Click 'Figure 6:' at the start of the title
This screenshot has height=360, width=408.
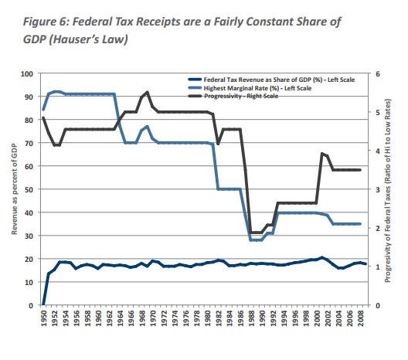click(45, 22)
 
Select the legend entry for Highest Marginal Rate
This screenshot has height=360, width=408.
click(250, 88)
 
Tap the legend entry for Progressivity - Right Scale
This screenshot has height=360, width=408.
click(233, 96)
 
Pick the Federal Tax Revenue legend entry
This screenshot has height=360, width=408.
click(271, 80)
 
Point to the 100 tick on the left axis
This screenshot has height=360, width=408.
click(27, 74)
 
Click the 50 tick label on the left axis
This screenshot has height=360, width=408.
click(29, 189)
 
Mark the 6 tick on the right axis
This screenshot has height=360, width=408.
click(378, 74)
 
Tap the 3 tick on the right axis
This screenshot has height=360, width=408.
click(378, 189)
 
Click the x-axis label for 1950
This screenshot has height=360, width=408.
click(43, 318)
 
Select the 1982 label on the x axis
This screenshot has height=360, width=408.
click(219, 318)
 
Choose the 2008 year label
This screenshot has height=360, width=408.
click(361, 318)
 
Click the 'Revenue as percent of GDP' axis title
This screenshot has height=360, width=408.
click(15, 189)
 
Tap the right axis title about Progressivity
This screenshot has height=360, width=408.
click(388, 190)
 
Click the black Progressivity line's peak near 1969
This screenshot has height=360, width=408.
click(148, 92)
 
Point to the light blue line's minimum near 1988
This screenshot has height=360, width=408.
click(251, 240)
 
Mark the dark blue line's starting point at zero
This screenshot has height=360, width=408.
click(43, 304)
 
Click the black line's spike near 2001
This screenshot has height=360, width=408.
click(322, 154)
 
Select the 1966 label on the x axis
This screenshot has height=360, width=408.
click(131, 318)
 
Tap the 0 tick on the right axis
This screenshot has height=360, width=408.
click(378, 305)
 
